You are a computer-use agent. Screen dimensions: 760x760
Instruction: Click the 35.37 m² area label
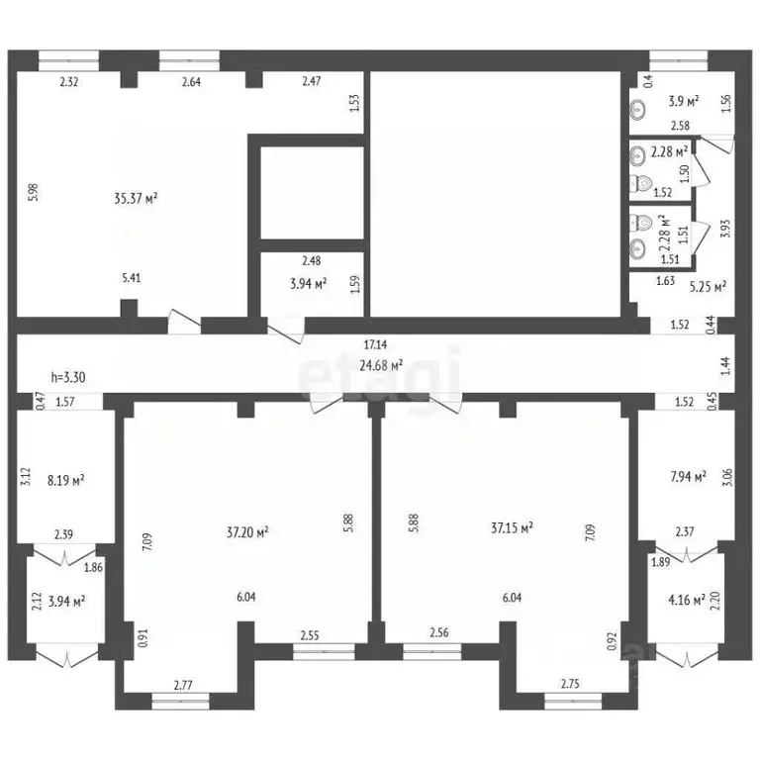pyautogui.click(x=137, y=198)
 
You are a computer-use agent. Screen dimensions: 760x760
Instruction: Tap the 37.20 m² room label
pyautogui.click(x=248, y=532)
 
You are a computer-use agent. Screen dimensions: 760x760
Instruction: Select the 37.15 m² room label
pyautogui.click(x=512, y=527)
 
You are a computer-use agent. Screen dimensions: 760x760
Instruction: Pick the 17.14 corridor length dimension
pyautogui.click(x=375, y=346)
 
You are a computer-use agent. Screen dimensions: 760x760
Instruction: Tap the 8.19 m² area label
pyautogui.click(x=65, y=481)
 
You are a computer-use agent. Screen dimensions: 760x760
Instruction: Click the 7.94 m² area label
pyautogui.click(x=688, y=477)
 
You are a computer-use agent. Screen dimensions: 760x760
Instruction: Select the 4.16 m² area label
pyautogui.click(x=685, y=599)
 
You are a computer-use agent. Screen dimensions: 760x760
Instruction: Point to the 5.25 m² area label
pyautogui.click(x=707, y=287)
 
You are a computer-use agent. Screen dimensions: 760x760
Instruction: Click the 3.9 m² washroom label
pyautogui.click(x=683, y=101)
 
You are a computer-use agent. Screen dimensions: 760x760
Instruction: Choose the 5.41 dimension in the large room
pyautogui.click(x=130, y=278)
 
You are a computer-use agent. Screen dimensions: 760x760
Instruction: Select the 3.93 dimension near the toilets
pyautogui.click(x=725, y=230)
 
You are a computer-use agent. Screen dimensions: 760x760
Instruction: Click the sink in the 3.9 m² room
pyautogui.click(x=637, y=111)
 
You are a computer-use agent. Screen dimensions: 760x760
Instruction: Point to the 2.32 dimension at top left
pyautogui.click(x=69, y=82)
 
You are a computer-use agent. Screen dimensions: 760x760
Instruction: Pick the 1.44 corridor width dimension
pyautogui.click(x=725, y=365)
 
